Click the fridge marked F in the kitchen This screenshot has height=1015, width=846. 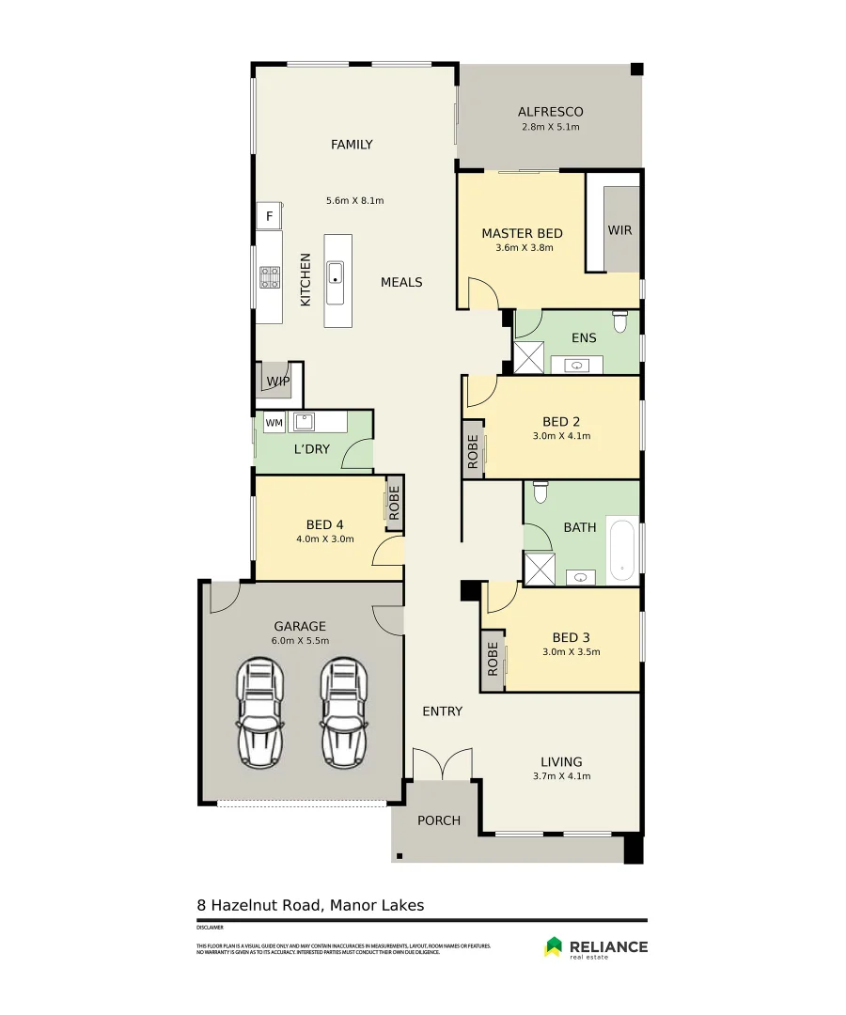coord(270,216)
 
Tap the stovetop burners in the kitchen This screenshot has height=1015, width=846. coord(270,276)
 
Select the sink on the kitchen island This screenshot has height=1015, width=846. coord(336,273)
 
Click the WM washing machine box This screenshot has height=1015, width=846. coord(274,423)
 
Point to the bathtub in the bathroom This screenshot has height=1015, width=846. coord(622,549)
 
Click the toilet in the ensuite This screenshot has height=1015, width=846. coord(619,323)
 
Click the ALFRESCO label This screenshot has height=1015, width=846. coord(550,112)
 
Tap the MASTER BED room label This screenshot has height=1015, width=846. coord(522,233)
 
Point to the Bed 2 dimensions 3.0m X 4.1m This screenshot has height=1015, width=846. coord(560,435)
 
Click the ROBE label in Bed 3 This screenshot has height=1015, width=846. coord(492,659)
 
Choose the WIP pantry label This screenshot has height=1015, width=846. coord(277,381)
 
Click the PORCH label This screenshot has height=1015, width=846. coord(439,820)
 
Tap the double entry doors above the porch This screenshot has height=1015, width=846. coord(443,765)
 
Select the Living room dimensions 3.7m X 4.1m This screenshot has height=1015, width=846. coord(560,775)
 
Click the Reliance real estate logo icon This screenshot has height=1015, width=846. coord(554,947)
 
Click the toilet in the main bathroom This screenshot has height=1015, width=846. coord(540,492)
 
